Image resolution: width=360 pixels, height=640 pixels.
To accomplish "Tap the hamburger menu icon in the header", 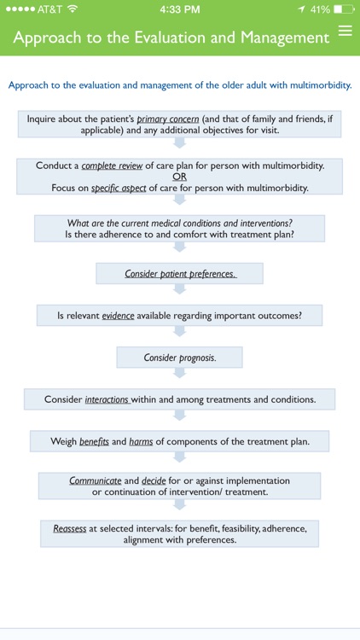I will (345, 32).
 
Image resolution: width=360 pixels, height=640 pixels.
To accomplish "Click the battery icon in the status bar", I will (344, 9).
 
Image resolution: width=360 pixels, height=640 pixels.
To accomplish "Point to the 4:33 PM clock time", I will (179, 9).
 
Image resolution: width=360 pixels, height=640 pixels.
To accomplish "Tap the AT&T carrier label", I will (49, 9).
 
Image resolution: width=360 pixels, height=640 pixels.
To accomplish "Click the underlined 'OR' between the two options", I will (179, 176).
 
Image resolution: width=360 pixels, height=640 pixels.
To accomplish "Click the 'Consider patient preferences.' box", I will (179, 274).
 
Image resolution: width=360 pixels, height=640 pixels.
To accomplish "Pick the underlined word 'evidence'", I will (119, 315).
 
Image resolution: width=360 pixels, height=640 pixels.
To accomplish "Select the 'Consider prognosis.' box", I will (179, 358).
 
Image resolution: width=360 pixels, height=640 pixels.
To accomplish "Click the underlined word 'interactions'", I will (107, 399).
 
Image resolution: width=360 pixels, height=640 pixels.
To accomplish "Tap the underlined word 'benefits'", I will (94, 441).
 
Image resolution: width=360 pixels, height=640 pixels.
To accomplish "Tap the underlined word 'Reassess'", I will (69, 529).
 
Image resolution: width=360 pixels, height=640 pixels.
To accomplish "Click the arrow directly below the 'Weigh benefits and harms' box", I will (179, 461).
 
